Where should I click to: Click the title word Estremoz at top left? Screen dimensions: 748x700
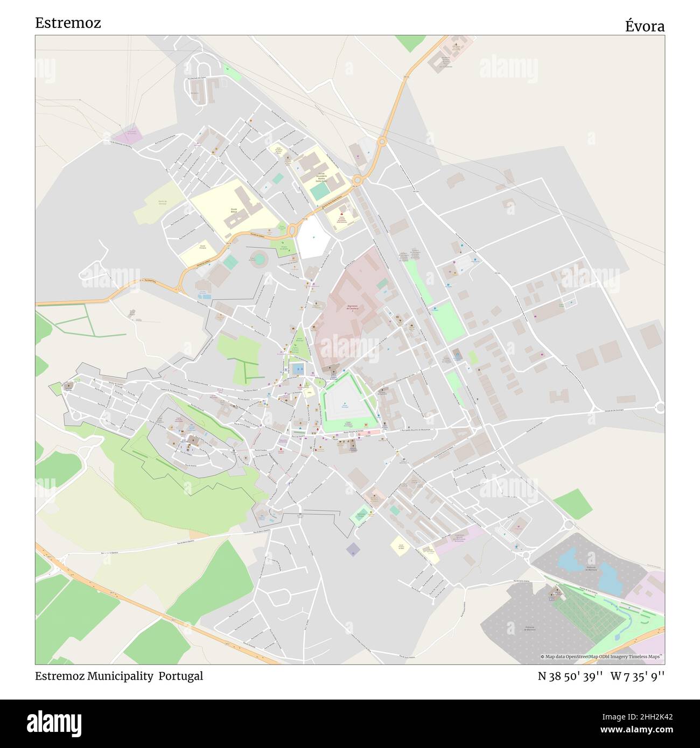[68, 23]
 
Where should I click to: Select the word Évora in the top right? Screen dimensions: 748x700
[644, 26]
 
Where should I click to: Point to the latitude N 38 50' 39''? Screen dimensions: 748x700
[570, 676]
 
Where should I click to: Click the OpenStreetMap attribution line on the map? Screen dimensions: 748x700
[601, 657]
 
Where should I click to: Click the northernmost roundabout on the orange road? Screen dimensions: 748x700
[382, 142]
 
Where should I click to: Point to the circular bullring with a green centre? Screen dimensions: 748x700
[259, 259]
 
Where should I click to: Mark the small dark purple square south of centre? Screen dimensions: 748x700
[353, 549]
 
